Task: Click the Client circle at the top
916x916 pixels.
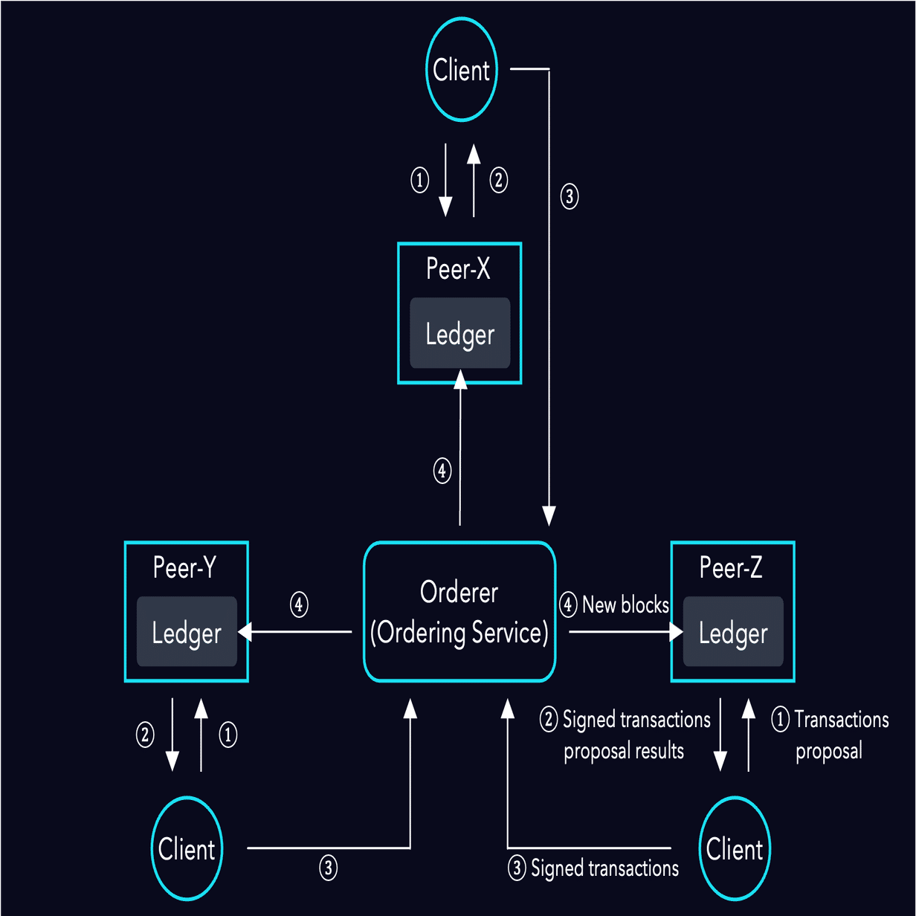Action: pos(461,70)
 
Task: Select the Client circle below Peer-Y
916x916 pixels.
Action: pos(187,848)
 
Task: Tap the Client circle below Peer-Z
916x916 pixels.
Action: pos(735,848)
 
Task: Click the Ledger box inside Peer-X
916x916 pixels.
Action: pos(459,334)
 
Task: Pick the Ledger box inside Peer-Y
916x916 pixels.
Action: pos(187,633)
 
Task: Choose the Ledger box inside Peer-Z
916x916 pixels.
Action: pos(733,633)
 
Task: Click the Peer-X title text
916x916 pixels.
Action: pos(458,268)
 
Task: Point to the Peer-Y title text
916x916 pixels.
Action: pos(184,567)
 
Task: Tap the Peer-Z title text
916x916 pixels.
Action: pos(731,567)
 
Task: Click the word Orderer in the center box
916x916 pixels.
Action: pos(459,592)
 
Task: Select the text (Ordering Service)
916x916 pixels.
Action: pos(459,633)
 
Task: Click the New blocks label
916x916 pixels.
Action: pos(625,604)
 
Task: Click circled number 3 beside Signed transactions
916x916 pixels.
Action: pos(517,868)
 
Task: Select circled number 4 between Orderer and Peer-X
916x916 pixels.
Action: pos(442,471)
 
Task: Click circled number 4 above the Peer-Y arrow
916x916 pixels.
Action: pos(299,604)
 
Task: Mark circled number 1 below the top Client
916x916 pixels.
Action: pos(420,180)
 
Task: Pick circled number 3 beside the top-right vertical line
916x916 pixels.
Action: pos(570,196)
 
